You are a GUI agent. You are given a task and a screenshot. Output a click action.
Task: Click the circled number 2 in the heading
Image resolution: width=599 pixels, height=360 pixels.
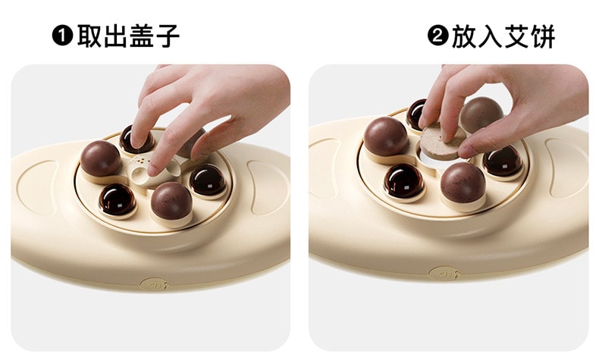(437, 36)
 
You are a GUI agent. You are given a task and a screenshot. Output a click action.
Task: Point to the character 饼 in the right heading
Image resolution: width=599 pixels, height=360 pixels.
(539, 36)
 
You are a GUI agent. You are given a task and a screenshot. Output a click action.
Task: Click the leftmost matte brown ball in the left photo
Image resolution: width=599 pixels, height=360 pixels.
(100, 158)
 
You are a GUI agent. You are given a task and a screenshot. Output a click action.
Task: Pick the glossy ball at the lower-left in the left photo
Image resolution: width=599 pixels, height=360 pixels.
(117, 200)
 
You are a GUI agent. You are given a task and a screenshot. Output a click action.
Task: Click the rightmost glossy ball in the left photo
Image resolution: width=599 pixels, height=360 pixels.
(205, 180)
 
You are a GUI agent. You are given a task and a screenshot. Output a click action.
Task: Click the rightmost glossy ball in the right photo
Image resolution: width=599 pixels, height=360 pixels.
(501, 160)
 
